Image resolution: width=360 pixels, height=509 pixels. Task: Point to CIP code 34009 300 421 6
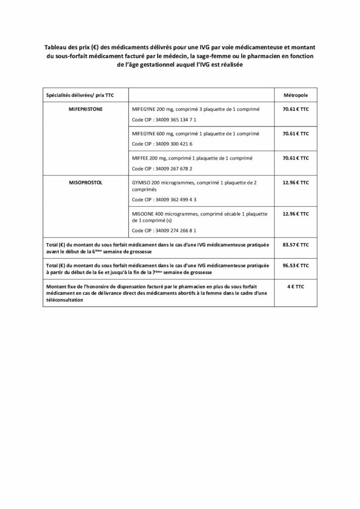point(162,144)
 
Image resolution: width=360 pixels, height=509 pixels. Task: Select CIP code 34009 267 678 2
point(162,169)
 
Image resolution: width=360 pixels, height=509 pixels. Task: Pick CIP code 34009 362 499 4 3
point(164,199)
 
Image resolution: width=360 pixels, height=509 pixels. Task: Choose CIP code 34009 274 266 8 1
point(164,230)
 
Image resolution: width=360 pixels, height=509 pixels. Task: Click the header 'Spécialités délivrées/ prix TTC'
point(76,94)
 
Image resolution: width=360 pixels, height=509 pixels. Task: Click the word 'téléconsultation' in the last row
point(64,300)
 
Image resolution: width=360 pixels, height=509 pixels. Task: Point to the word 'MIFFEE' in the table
point(141,158)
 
